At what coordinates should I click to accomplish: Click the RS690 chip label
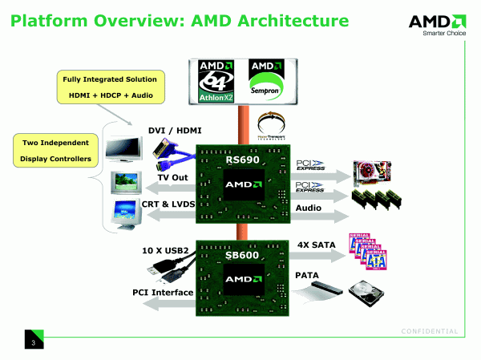coord(242,160)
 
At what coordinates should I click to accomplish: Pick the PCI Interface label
coord(163,293)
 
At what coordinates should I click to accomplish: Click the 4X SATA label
coord(315,243)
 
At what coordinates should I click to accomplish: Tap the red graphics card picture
coord(378,172)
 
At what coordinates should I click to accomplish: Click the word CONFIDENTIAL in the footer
coord(429,331)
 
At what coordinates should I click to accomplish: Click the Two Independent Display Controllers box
coord(52,149)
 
